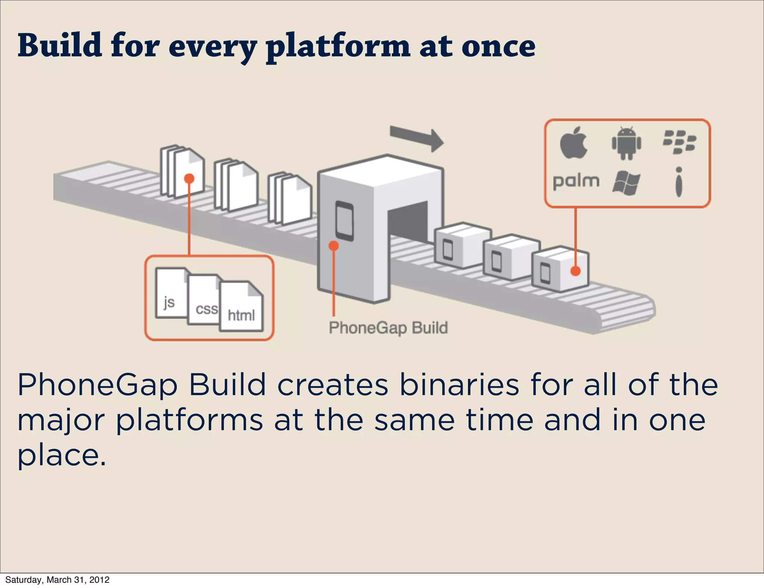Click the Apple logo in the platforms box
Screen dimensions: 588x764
[574, 143]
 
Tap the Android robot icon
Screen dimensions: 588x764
[626, 143]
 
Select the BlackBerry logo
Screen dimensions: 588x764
[679, 142]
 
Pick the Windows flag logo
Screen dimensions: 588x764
[626, 183]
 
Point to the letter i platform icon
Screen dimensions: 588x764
[679, 182]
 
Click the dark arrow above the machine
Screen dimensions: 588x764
[416, 138]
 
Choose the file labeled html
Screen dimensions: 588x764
[242, 308]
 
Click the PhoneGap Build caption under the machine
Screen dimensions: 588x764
[388, 328]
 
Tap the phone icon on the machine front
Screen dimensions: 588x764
[344, 221]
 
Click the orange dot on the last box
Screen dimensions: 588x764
[576, 271]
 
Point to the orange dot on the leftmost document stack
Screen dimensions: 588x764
[190, 179]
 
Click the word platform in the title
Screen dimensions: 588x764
[338, 47]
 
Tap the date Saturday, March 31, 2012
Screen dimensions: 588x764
[57, 580]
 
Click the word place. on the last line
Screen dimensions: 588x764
[62, 456]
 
